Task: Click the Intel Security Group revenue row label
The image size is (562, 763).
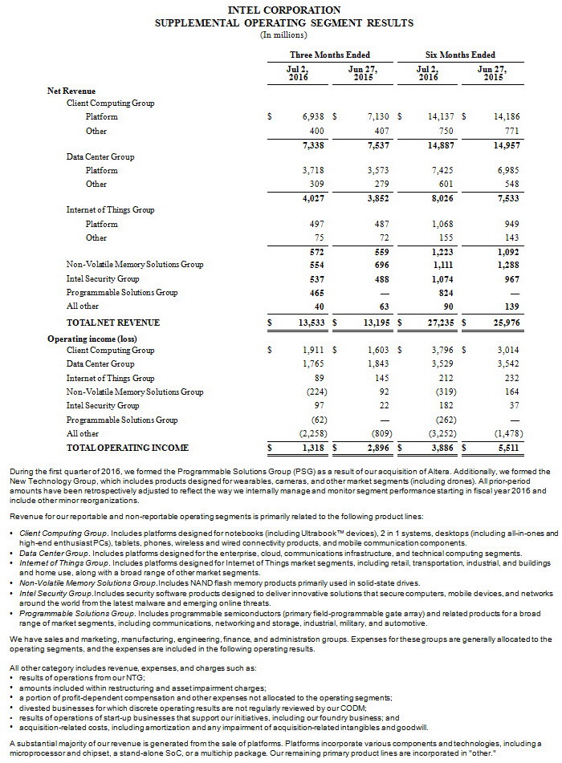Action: coord(104,278)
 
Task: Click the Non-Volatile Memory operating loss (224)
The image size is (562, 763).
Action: coord(312,392)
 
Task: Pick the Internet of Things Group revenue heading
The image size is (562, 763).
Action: coord(110,209)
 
